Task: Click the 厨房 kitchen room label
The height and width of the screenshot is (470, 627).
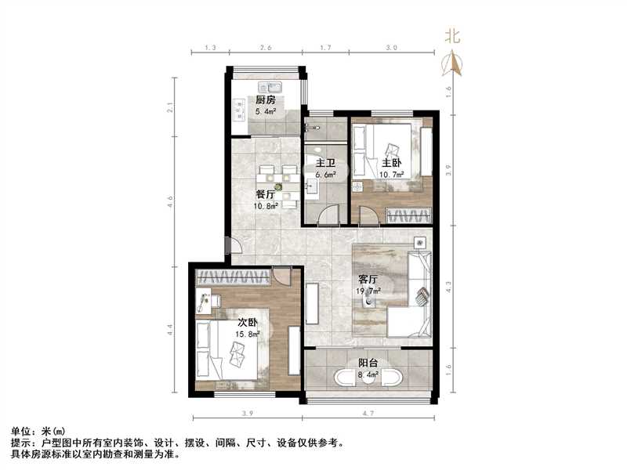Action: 264,100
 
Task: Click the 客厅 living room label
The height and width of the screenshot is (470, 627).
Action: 368,279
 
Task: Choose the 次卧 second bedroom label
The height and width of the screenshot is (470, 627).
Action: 248,322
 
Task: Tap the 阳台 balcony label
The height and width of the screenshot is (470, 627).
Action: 368,363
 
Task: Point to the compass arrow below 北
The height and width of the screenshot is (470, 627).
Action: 452,63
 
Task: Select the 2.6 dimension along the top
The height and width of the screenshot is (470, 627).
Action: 266,48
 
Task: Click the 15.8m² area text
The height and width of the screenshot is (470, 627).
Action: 248,334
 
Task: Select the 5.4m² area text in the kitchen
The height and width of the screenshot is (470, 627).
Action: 265,112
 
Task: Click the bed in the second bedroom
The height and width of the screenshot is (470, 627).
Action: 235,349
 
